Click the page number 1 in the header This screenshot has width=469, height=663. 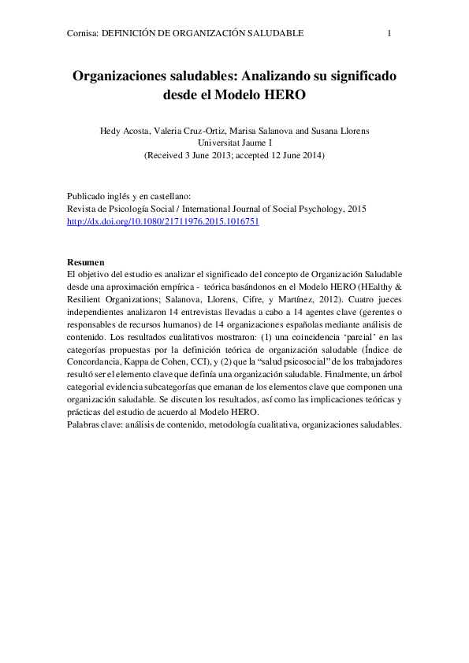pyautogui.click(x=389, y=33)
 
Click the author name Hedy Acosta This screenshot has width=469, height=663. pyautogui.click(x=125, y=131)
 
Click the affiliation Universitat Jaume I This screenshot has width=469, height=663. pyautogui.click(x=234, y=143)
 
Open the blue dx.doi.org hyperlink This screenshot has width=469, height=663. pyautogui.click(x=163, y=223)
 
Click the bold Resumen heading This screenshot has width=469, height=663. pyautogui.click(x=85, y=261)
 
